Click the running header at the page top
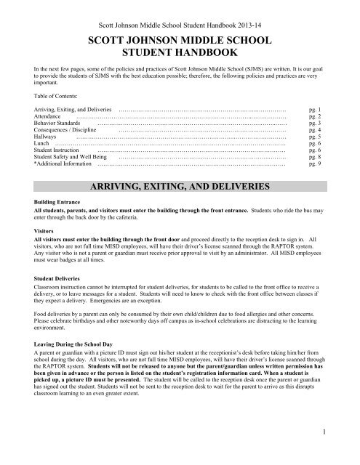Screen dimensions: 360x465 tap(180, 12)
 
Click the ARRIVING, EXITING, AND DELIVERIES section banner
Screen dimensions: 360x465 tap(180, 187)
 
